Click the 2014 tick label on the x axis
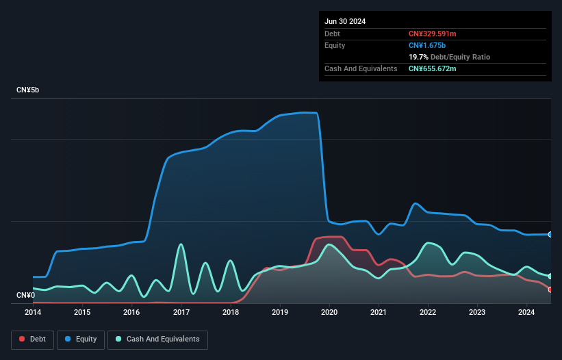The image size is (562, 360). point(33,313)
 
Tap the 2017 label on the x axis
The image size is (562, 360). point(181,313)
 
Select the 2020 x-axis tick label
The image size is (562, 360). point(329,313)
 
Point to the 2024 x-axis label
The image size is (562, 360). point(526,313)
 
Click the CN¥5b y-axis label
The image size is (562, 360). point(28,90)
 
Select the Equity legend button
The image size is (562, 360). point(81,339)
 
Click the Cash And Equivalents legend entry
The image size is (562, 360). point(157,339)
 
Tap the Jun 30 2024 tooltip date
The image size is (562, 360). point(345,21)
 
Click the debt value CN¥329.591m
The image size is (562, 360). point(433,34)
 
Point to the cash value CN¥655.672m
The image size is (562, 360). point(433,68)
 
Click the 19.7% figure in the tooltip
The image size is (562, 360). point(418,57)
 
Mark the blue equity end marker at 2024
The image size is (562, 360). point(550,234)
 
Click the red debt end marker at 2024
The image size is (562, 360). point(550,290)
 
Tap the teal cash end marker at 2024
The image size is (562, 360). point(550,276)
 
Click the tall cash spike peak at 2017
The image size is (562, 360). point(181,244)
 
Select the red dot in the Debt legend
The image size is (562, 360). point(22,339)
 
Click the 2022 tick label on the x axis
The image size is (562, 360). point(428,313)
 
